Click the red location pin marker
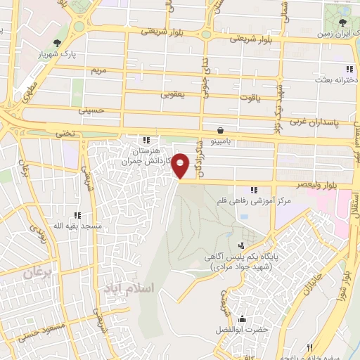coord(181,166)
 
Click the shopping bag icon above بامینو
coord(221,130)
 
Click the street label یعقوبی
coord(172,94)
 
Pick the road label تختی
coord(64,131)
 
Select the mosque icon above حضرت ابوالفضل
coord(243,318)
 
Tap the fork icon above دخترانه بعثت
coord(349,69)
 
